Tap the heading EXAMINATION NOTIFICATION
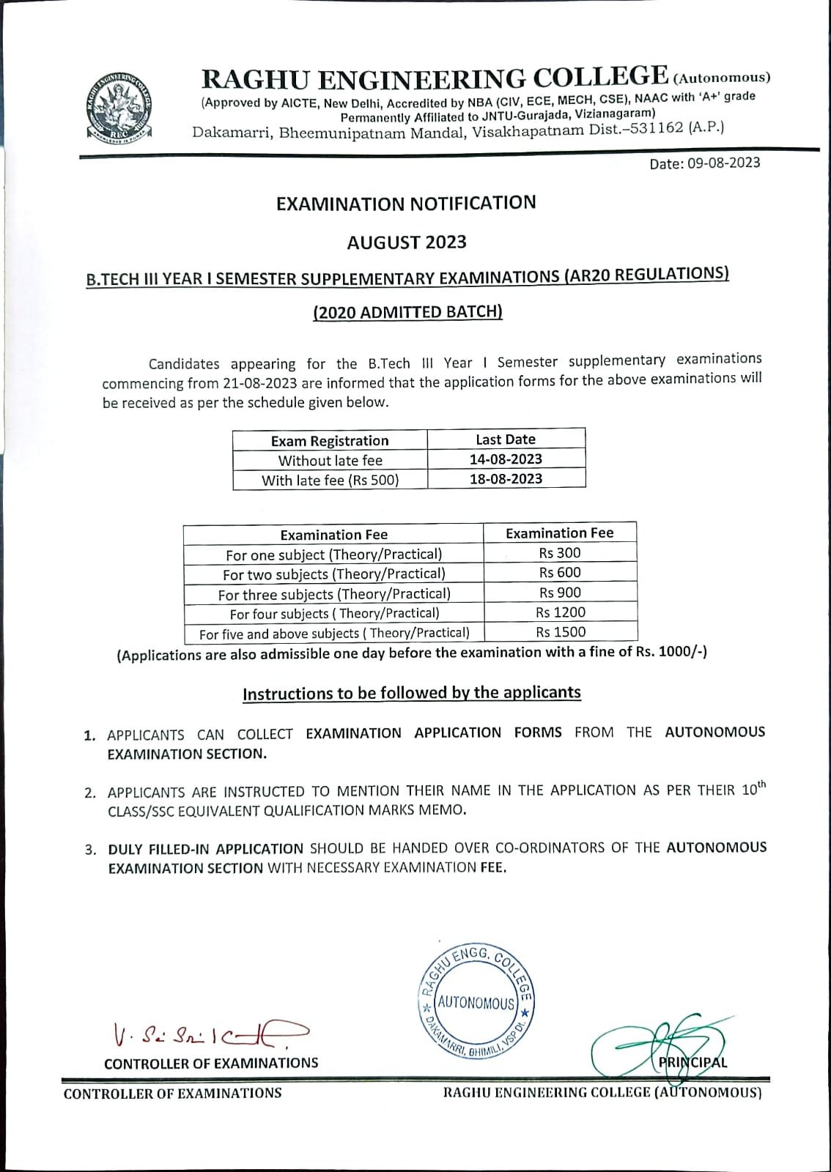(x=406, y=203)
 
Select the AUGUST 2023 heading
(x=407, y=242)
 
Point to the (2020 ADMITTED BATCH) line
(x=407, y=312)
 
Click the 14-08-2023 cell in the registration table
(x=506, y=459)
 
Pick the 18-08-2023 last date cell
(x=506, y=479)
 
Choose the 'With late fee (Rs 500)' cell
(x=330, y=481)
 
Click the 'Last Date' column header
(x=506, y=439)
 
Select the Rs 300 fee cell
(x=560, y=553)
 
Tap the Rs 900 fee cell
(x=560, y=593)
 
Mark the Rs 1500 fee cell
(x=561, y=631)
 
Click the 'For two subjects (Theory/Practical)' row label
(x=334, y=574)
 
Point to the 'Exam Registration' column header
(x=330, y=441)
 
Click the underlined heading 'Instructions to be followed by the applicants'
(x=412, y=693)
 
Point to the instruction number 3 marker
(x=91, y=850)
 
